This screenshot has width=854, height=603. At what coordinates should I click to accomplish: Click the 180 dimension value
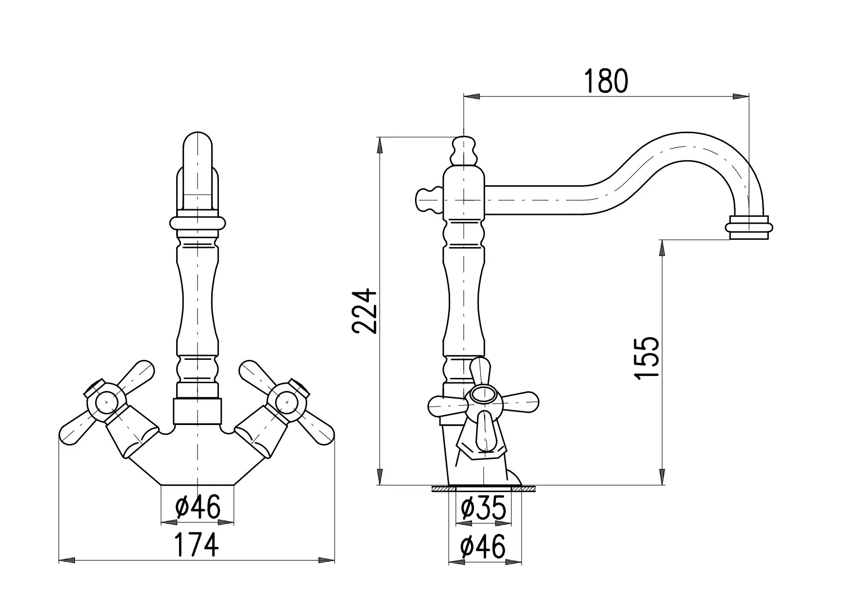click(x=606, y=81)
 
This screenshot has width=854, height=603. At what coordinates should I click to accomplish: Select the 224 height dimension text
click(x=364, y=311)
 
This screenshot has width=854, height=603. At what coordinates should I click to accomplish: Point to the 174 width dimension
click(x=197, y=545)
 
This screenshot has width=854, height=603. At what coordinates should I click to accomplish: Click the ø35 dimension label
click(x=483, y=509)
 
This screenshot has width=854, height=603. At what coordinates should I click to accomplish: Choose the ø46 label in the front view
click(x=198, y=507)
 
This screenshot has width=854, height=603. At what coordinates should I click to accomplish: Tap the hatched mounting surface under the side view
click(x=484, y=489)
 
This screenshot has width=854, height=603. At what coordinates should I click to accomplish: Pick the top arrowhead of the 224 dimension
click(x=380, y=145)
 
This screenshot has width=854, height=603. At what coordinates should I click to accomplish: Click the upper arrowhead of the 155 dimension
click(x=662, y=248)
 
